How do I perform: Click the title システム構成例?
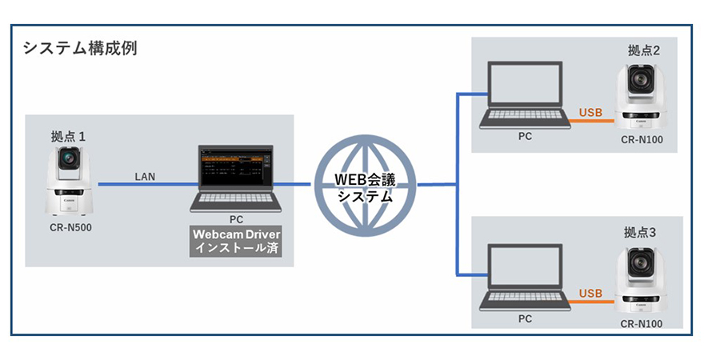tap(79, 48)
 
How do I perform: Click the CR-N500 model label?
tap(70, 227)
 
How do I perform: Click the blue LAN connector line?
tap(144, 185)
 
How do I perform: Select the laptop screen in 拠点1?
tap(236, 170)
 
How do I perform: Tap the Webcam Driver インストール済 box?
tap(236, 242)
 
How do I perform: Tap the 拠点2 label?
tap(644, 51)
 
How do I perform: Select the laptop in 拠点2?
tap(524, 95)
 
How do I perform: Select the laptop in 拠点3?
tap(524, 278)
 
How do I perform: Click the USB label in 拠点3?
tap(590, 293)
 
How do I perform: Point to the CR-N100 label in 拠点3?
tap(642, 323)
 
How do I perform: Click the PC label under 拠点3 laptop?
tap(525, 318)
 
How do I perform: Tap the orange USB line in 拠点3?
tap(592, 302)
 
